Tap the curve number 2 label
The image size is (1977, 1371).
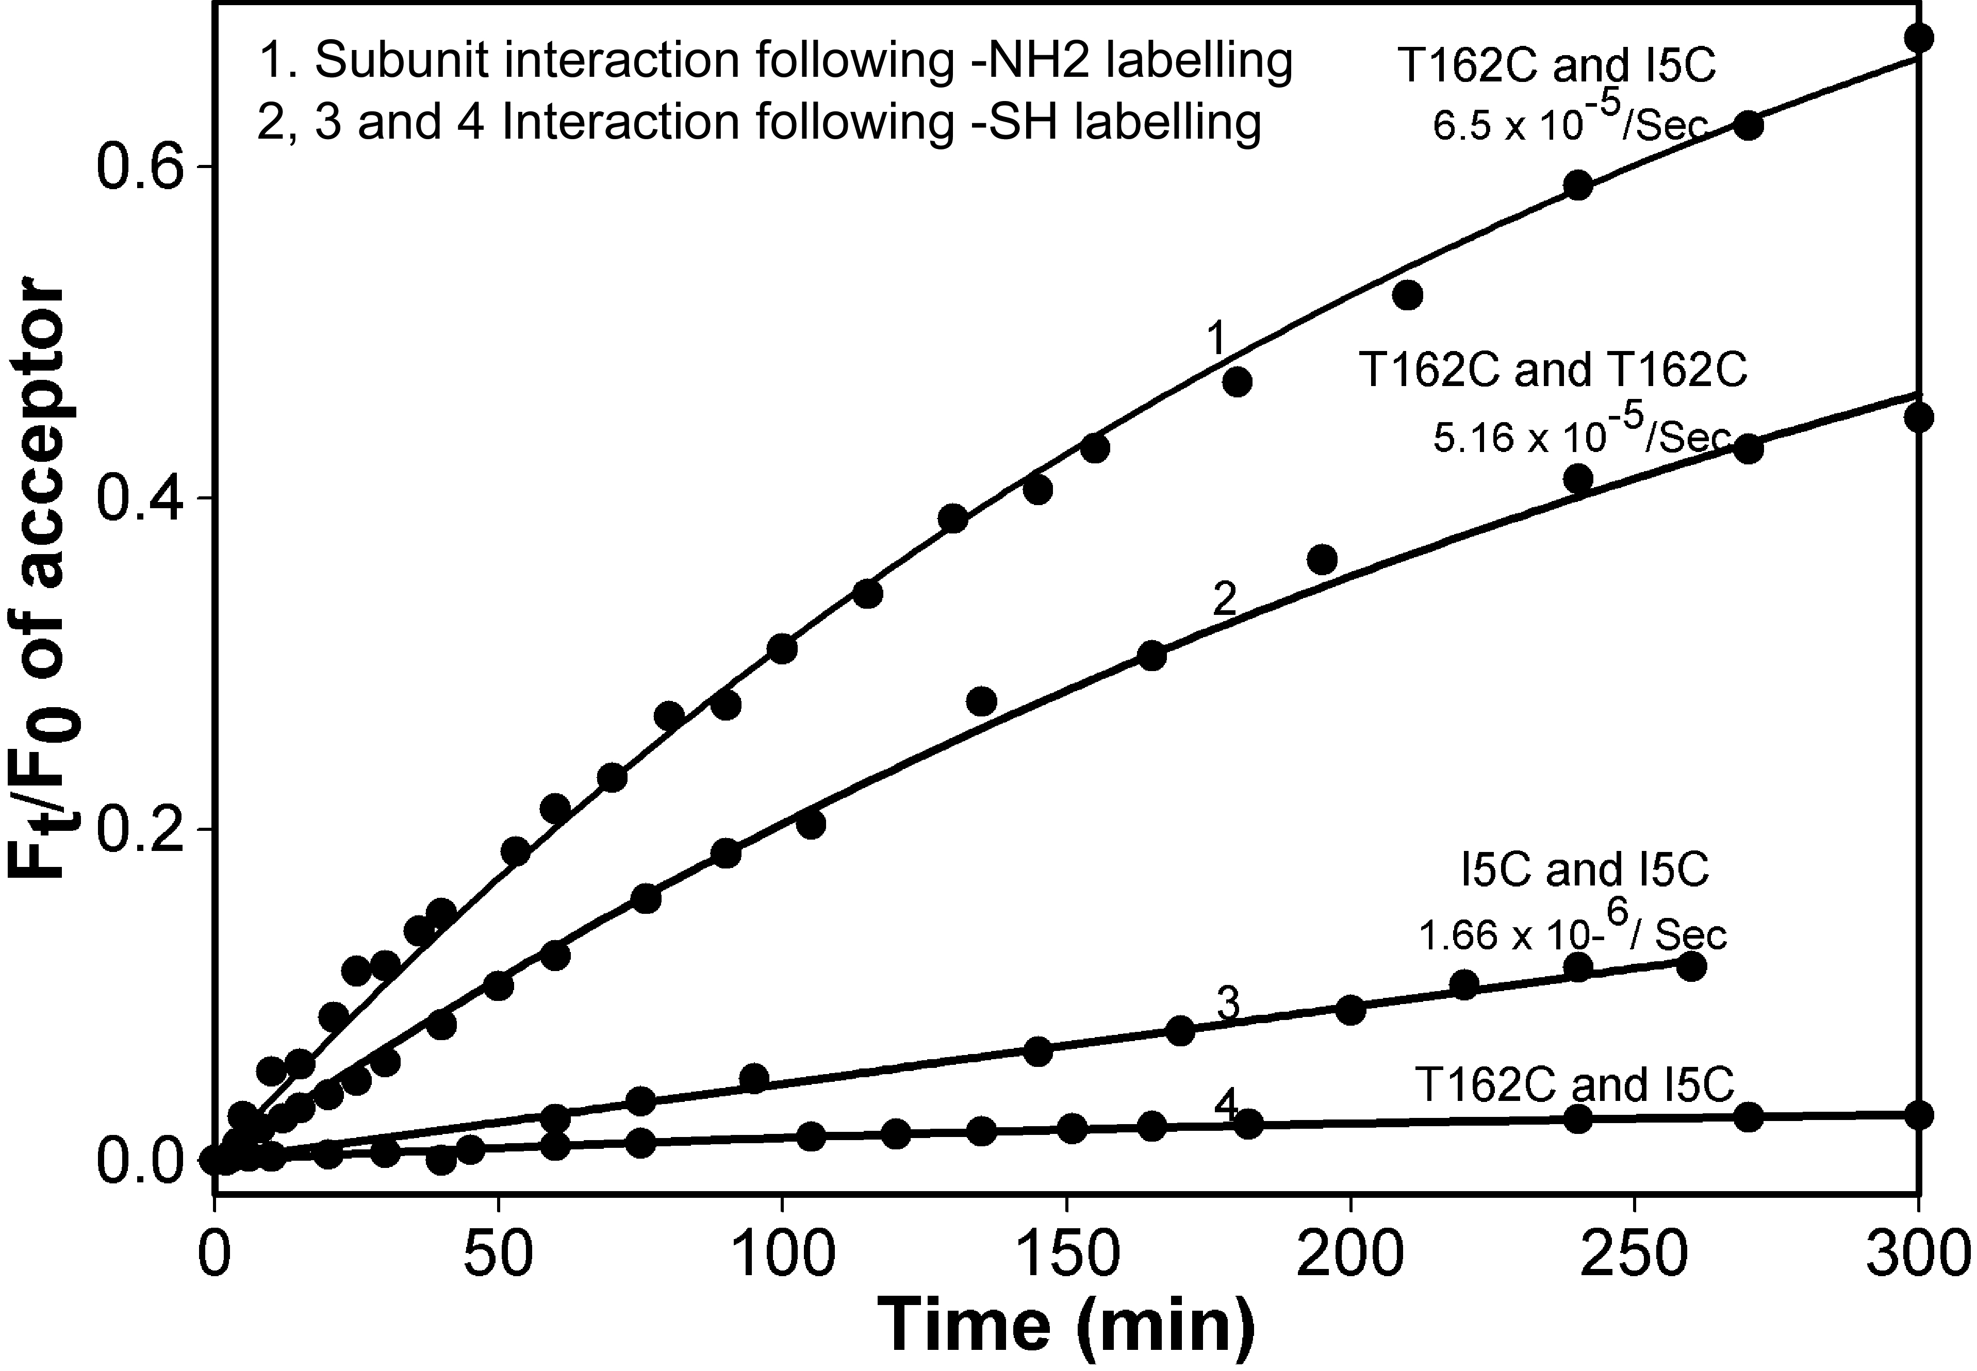tap(1224, 599)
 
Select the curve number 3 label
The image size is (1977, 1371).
tap(1229, 1004)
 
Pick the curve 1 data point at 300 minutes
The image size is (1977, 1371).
tap(1919, 38)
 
